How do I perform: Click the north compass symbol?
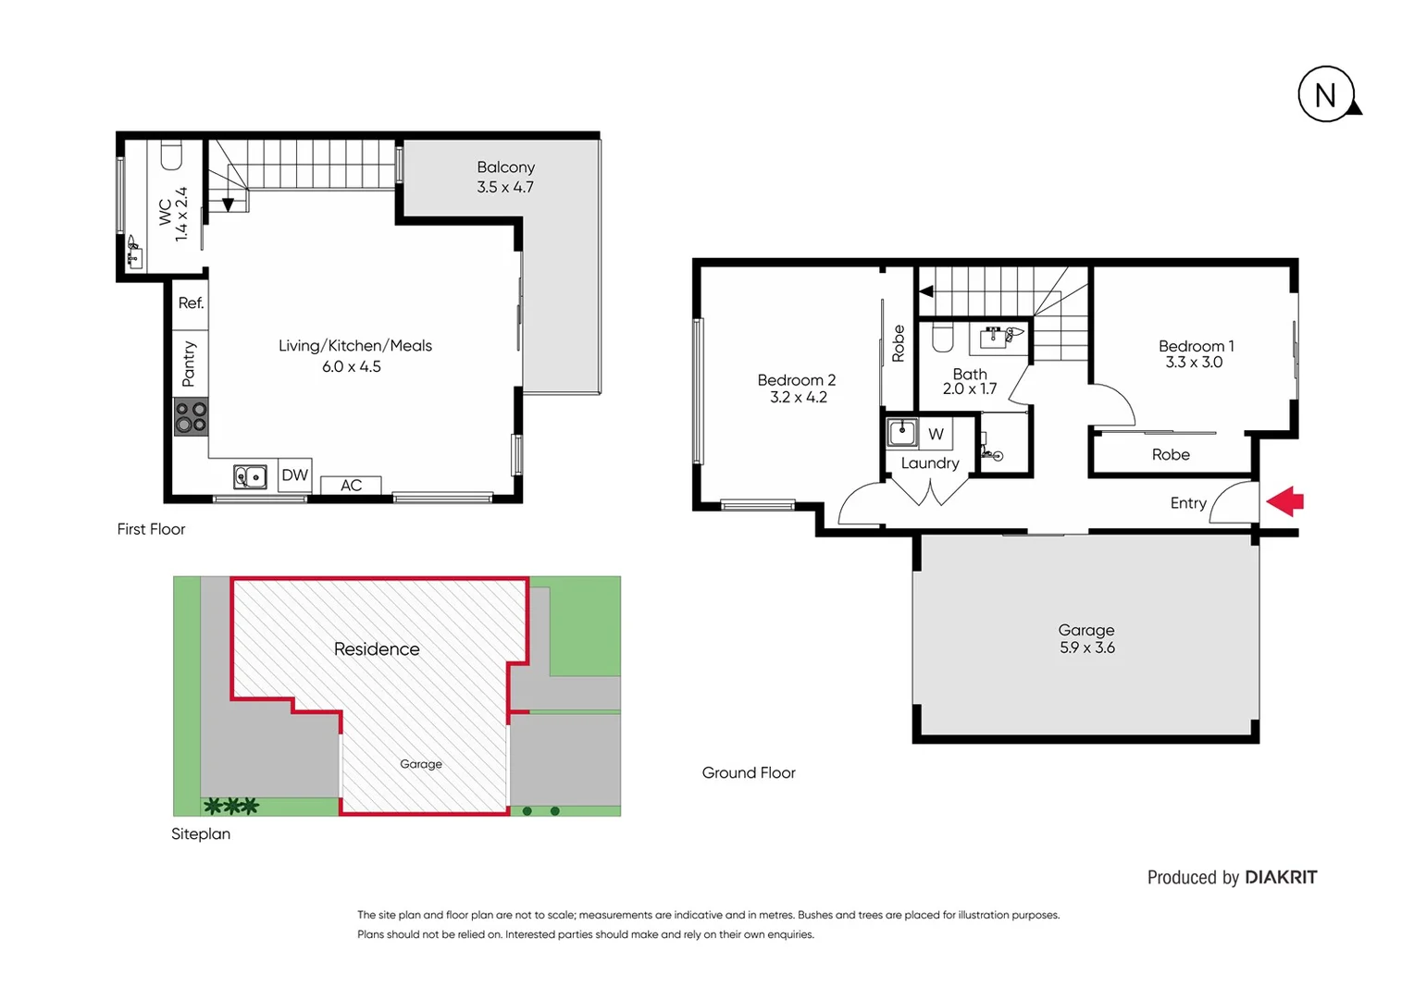point(1326,94)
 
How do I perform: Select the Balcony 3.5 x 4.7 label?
point(505,177)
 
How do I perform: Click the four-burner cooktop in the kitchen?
point(191,417)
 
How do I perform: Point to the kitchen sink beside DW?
point(250,476)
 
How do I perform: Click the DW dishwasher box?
point(294,475)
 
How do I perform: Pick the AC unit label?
point(351,486)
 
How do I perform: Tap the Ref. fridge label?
point(191,303)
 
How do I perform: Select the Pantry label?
point(189,364)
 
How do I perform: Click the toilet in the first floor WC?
point(171,155)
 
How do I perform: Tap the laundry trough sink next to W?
point(902,432)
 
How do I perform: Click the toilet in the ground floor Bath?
point(942,338)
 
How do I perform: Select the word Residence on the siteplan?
point(377,649)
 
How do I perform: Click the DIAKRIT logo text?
point(1280,877)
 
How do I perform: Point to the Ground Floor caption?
point(749,772)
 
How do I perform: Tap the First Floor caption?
point(151,529)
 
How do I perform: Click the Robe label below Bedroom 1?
point(1171,454)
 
